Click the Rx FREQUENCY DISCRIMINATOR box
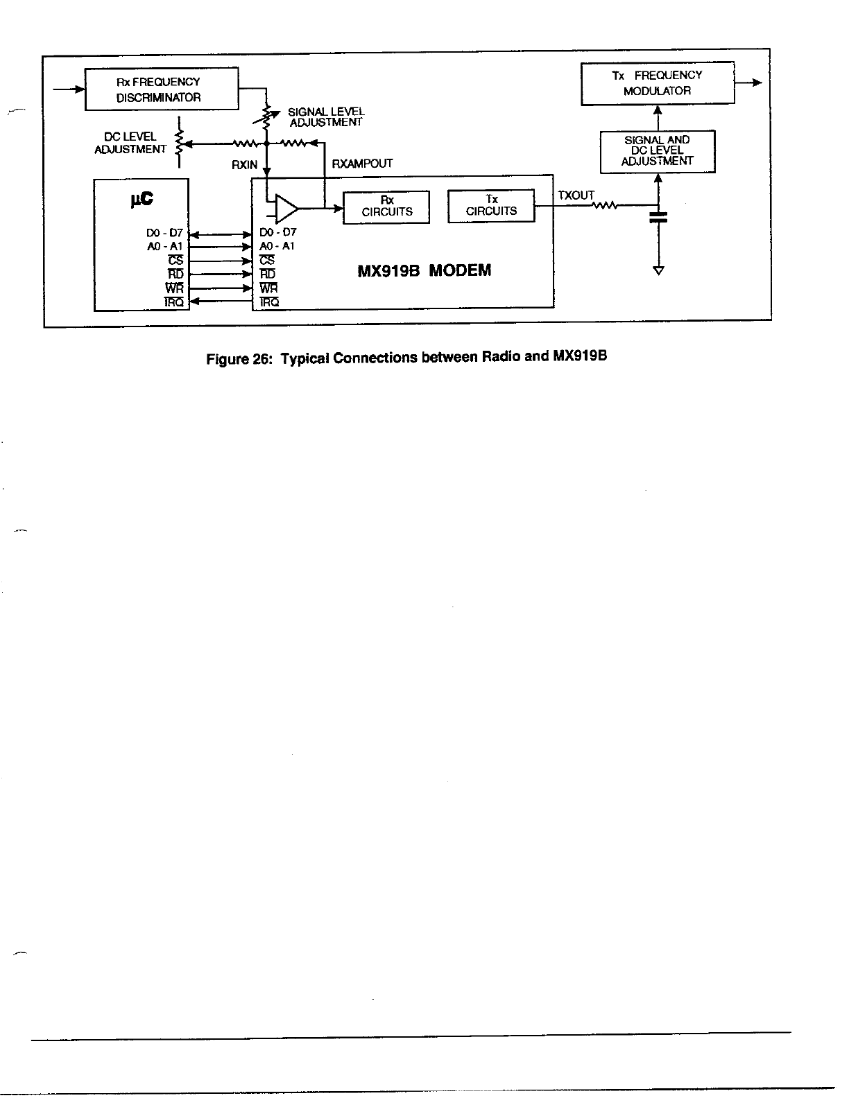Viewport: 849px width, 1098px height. pos(162,89)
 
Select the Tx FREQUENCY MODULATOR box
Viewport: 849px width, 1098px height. pos(657,83)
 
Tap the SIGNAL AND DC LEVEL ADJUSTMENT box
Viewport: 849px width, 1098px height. pos(657,151)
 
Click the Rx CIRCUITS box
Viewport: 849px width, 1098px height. pos(386,207)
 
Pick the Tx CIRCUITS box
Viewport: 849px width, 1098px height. pos(491,206)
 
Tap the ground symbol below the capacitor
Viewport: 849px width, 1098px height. pos(658,270)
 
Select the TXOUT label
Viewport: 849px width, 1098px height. pos(576,195)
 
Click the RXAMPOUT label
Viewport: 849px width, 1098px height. pos(362,164)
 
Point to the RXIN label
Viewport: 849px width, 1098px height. pos(244,165)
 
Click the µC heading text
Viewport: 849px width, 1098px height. pos(141,200)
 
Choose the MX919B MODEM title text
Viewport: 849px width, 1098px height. pos(424,270)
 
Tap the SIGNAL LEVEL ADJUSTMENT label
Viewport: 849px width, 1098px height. pos(325,116)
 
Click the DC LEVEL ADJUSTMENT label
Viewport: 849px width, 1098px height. pos(130,143)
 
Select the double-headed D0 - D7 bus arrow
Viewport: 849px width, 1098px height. pos(220,234)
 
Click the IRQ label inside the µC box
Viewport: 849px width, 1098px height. pos(173,302)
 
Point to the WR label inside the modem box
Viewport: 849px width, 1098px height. pos(268,288)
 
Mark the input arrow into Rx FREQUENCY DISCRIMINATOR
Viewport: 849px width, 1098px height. pos(69,89)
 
